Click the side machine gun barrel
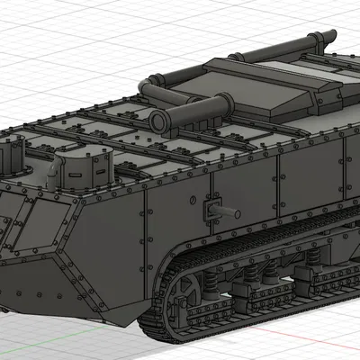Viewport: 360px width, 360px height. tap(228, 212)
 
